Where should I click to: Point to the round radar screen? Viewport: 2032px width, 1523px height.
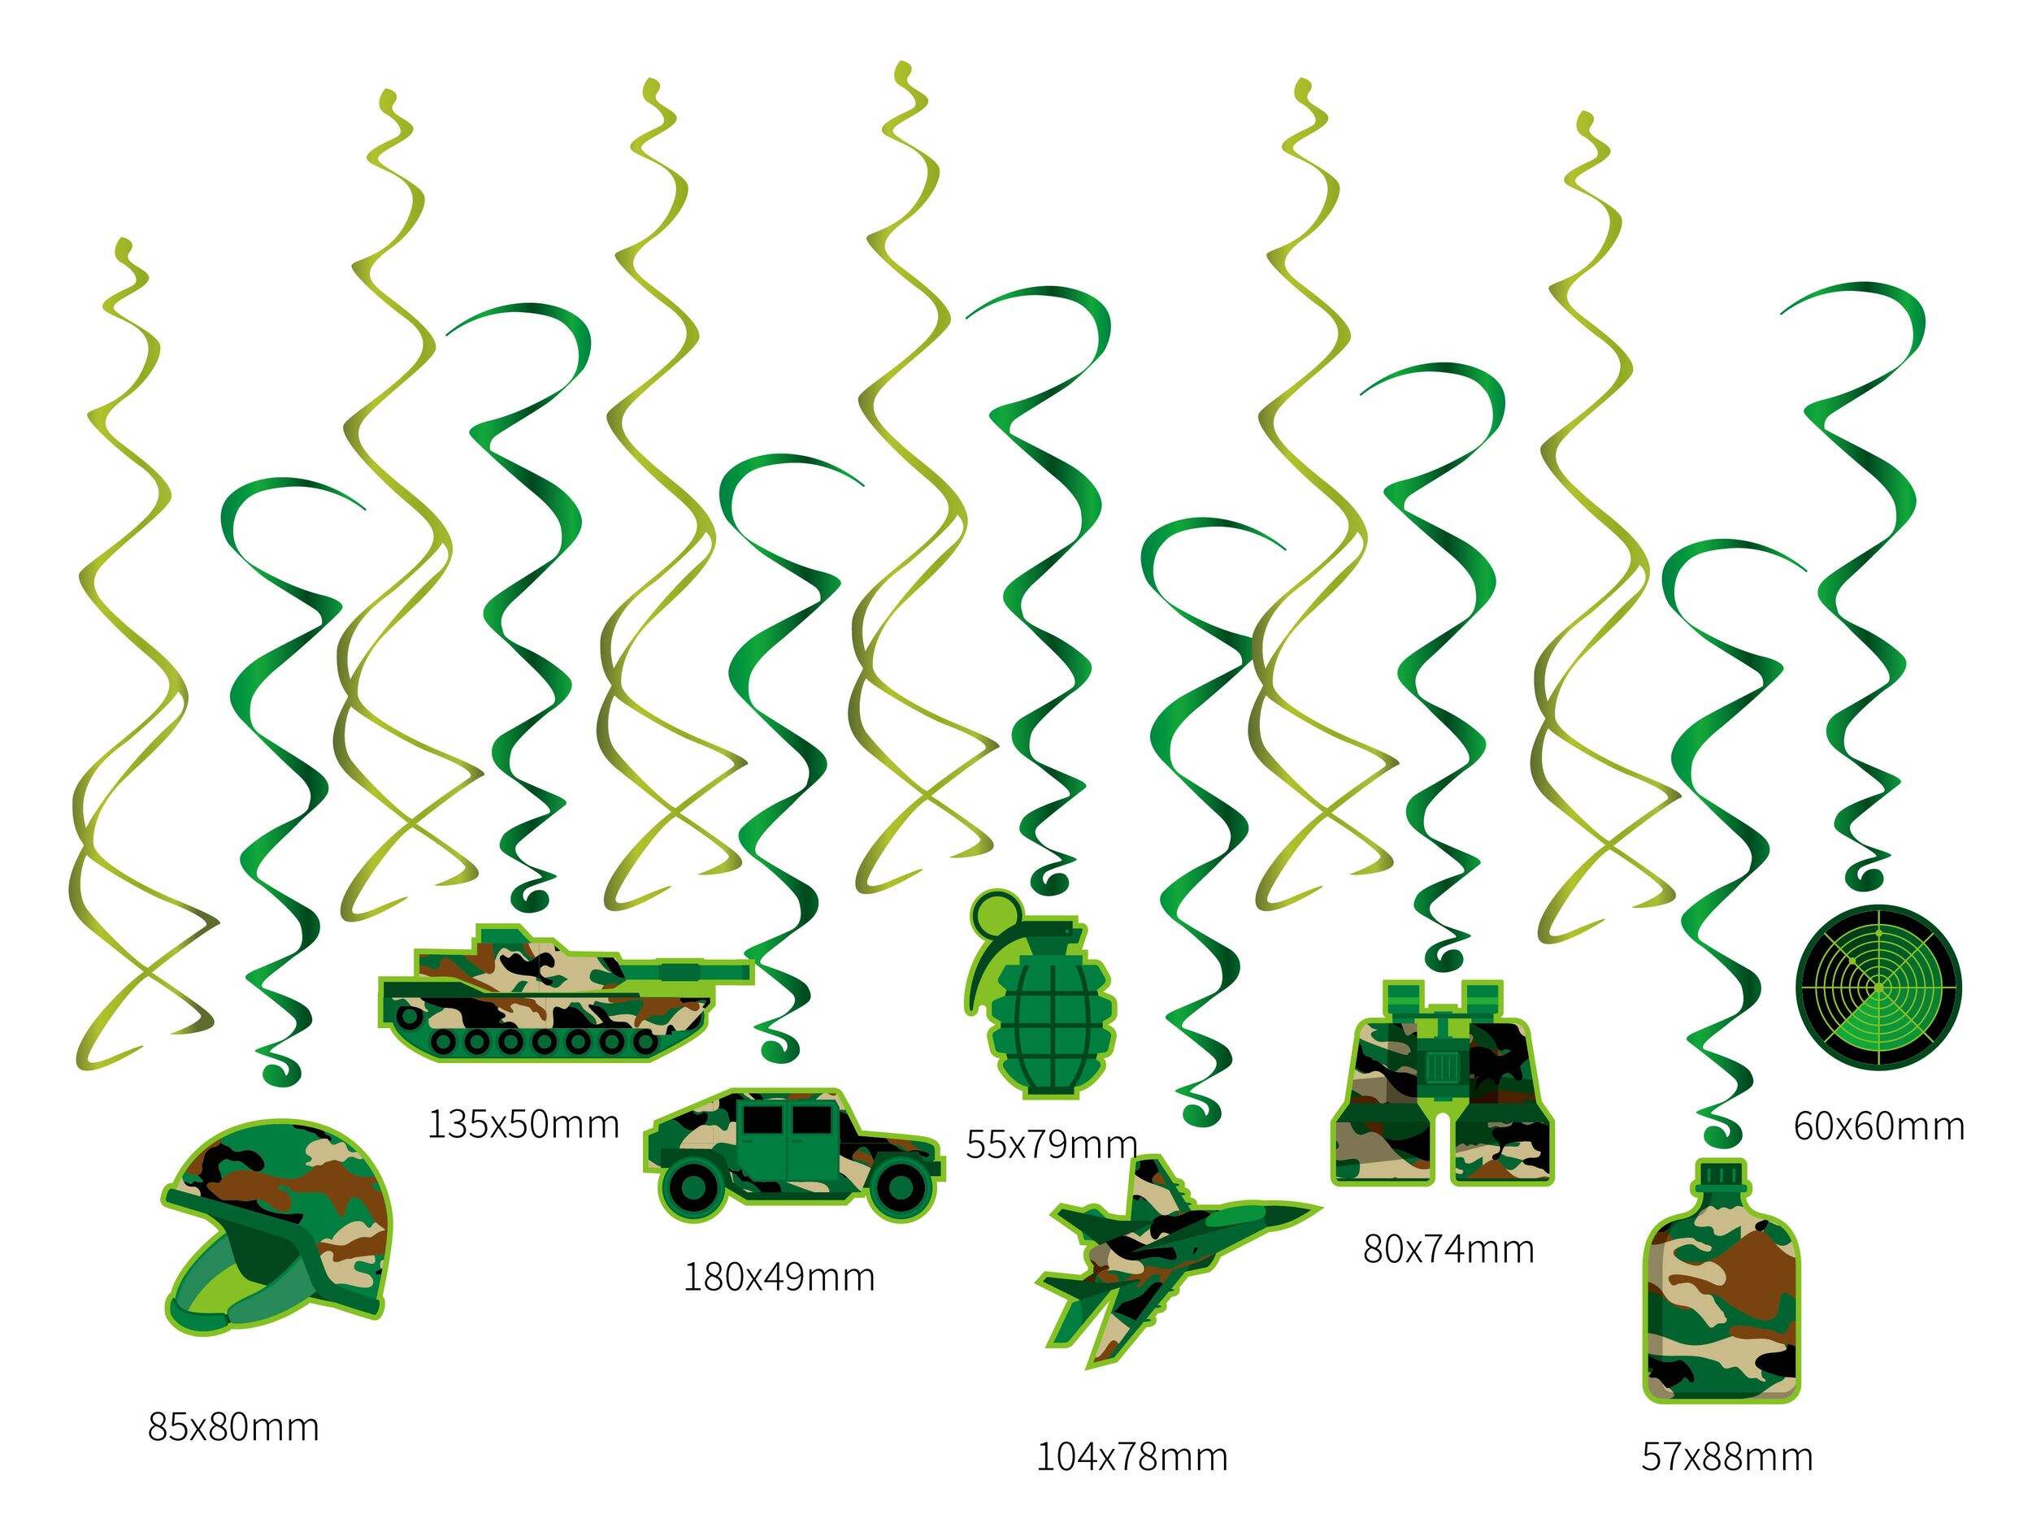pos(1878,987)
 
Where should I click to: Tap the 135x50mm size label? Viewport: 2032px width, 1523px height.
pos(523,1124)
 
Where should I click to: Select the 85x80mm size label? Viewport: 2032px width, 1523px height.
pos(233,1427)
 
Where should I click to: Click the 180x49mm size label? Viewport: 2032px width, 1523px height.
pos(779,1277)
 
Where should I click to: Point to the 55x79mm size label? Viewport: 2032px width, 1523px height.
pos(1052,1144)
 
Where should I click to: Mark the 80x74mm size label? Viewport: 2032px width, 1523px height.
pos(1448,1249)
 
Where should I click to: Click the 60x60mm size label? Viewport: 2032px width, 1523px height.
pos(1878,1126)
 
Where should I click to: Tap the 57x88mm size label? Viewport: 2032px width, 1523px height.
pos(1727,1457)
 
